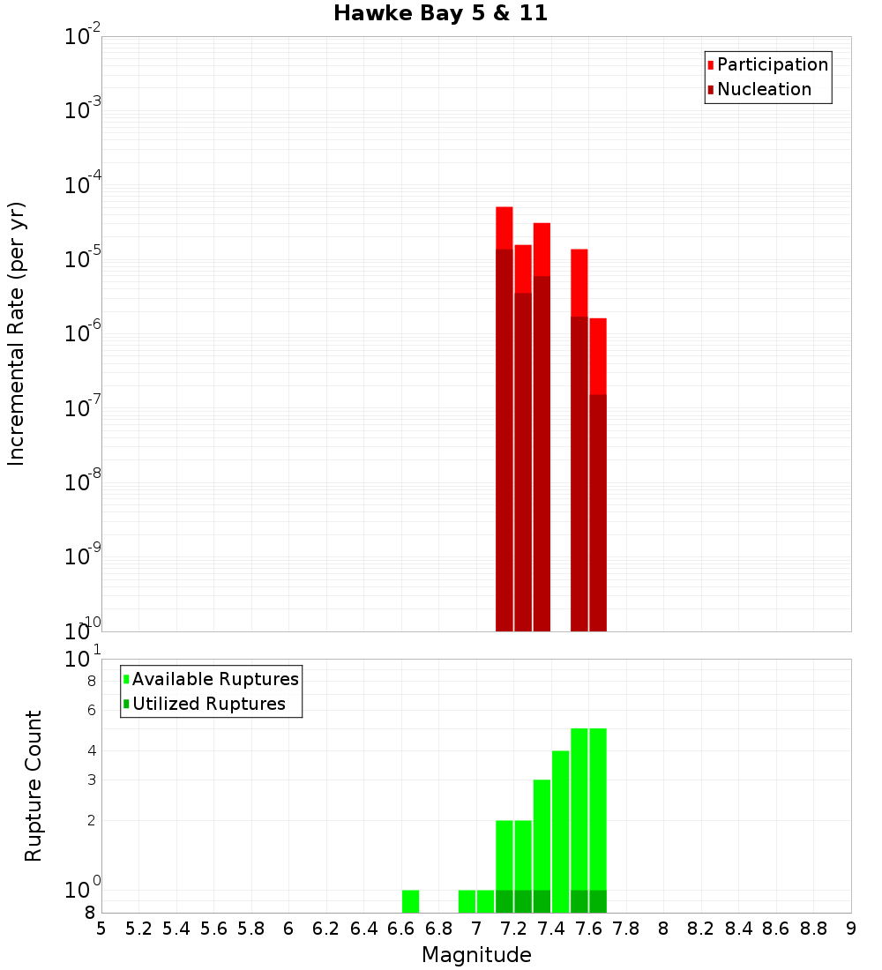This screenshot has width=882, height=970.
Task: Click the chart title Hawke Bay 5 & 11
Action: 440,14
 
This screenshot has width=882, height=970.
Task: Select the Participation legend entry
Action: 773,64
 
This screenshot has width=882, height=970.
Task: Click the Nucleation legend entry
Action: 764,89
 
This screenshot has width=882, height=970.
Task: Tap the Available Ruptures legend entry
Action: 215,679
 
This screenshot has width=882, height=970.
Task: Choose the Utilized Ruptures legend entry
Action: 208,704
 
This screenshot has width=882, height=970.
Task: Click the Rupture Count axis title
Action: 34,786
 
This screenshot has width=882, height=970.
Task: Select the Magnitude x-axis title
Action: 476,955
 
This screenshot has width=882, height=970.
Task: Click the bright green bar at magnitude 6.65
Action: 410,901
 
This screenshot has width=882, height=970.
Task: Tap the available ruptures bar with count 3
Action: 542,833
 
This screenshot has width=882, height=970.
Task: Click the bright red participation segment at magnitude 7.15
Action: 505,228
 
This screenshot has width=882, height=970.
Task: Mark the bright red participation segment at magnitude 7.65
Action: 598,355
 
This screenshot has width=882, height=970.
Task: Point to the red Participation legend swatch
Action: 711,65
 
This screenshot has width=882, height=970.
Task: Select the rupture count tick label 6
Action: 91,710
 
